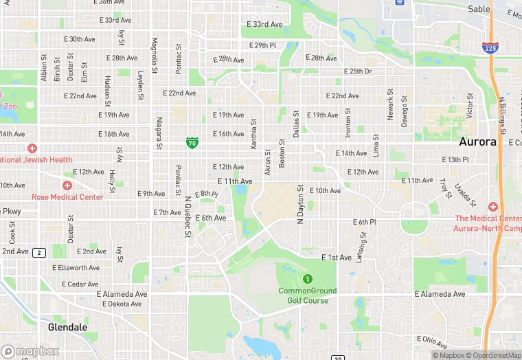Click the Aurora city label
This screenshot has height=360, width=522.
[477, 142]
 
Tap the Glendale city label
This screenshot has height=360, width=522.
[68, 327]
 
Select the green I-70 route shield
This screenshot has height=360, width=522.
[192, 142]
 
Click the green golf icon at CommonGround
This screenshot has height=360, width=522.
[307, 278]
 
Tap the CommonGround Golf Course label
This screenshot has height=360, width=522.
[307, 295]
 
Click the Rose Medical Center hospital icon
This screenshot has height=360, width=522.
[67, 185]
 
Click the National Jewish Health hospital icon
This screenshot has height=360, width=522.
[32, 148]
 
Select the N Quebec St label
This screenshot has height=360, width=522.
[187, 218]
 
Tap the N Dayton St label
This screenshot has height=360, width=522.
[300, 204]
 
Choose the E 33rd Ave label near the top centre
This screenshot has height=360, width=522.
[264, 24]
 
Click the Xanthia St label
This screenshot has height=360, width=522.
[253, 134]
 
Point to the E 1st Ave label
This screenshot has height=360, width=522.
[337, 258]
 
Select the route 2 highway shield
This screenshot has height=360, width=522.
[39, 252]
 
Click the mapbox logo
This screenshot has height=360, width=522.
[30, 351]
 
